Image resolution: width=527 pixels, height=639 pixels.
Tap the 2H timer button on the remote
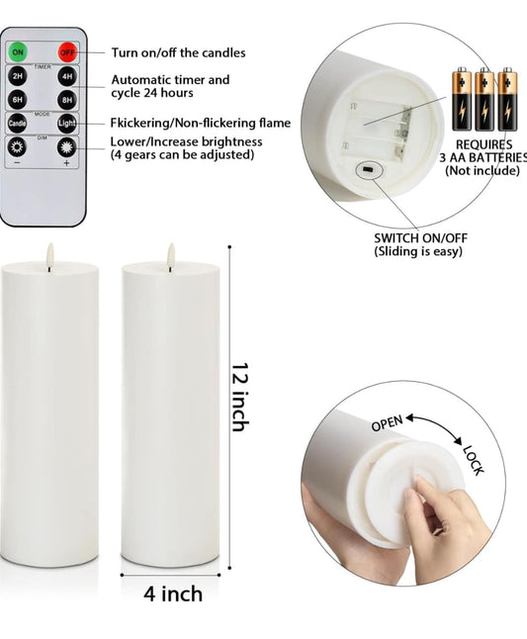[18, 75]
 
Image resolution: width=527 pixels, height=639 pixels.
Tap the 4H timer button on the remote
[66, 75]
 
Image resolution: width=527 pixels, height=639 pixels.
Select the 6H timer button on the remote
[18, 99]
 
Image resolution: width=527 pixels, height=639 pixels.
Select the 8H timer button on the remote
[66, 99]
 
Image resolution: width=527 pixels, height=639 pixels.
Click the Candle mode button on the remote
[18, 124]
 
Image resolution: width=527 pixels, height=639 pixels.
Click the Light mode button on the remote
[66, 124]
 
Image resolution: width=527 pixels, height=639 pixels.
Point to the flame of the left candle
[48, 253]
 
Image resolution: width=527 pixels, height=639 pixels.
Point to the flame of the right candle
[170, 253]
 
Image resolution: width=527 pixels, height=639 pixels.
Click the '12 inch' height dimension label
[238, 396]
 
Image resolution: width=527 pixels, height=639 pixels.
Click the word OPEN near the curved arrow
[386, 423]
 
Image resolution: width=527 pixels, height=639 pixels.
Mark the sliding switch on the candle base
[368, 170]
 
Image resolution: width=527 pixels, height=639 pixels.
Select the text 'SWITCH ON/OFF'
[419, 237]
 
